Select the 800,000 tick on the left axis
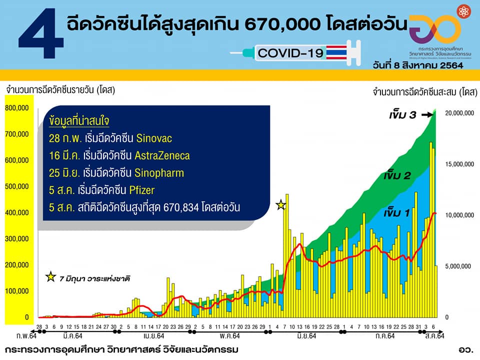coord(17,108)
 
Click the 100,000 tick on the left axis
coord(17,291)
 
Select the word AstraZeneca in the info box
coord(162,155)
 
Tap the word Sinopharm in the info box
coord(159,173)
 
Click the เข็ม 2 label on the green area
coord(398,176)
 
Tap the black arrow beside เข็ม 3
coord(426,114)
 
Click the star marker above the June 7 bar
coord(281,204)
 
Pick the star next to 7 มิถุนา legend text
coord(50,277)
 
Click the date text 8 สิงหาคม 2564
coord(418,65)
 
